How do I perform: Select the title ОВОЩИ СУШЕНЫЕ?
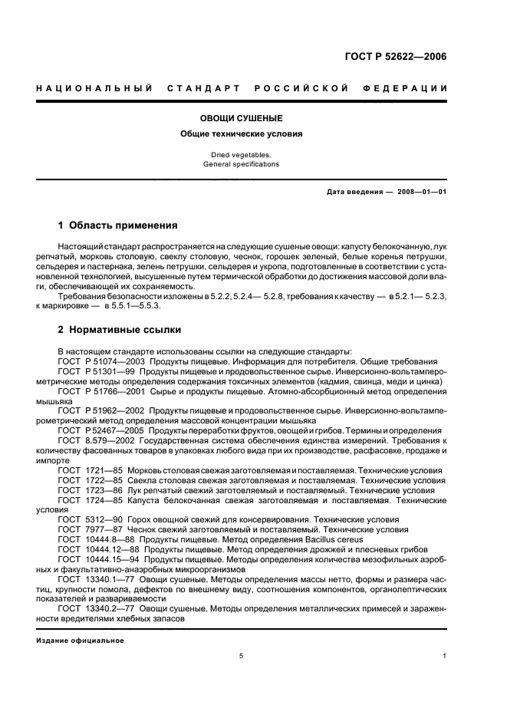(241, 119)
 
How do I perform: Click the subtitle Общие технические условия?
(241, 133)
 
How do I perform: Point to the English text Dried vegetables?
(241, 155)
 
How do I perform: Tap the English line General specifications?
(241, 164)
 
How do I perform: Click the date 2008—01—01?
(421, 192)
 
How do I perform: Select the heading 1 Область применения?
(118, 226)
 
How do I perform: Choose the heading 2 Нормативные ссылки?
(120, 330)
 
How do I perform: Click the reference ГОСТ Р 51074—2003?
(101, 361)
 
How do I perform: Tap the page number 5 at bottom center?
(241, 656)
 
